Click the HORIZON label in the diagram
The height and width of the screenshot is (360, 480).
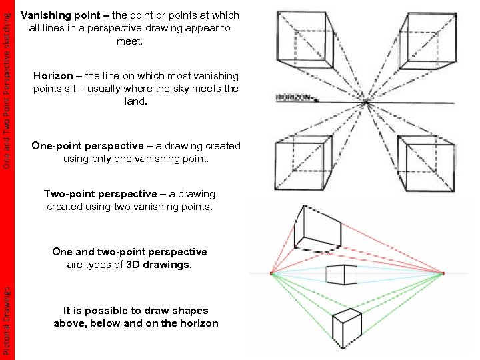point(293,97)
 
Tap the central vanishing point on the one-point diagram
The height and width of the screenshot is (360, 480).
point(366,102)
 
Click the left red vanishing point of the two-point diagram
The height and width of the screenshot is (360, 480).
point(271,273)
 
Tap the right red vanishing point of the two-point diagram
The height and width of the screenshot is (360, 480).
point(443,273)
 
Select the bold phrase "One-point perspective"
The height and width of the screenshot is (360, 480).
point(87,146)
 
